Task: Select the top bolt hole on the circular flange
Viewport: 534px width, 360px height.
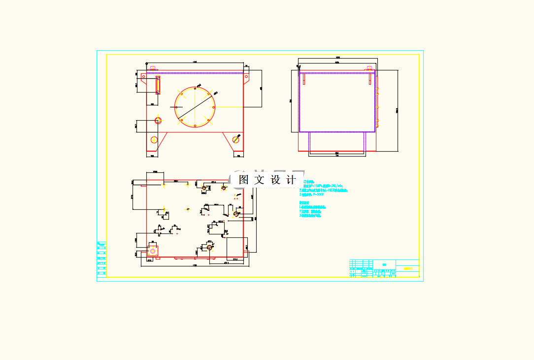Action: point(195,87)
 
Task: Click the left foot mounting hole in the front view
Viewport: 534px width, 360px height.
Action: point(154,139)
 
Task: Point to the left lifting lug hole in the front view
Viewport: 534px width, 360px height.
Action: point(143,77)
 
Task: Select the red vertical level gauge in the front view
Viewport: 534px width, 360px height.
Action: point(158,85)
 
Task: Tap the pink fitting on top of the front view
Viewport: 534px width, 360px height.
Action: point(152,68)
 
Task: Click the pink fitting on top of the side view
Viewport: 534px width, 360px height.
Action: point(369,68)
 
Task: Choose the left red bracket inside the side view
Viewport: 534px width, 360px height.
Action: point(304,79)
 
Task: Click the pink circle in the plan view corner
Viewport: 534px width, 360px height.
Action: point(153,251)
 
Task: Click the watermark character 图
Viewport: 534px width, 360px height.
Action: point(243,180)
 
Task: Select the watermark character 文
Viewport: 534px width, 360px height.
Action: point(259,180)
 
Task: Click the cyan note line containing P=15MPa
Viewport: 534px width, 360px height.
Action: point(323,186)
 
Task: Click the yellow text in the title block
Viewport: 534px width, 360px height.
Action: point(407,269)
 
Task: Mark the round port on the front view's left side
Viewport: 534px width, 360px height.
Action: point(158,120)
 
